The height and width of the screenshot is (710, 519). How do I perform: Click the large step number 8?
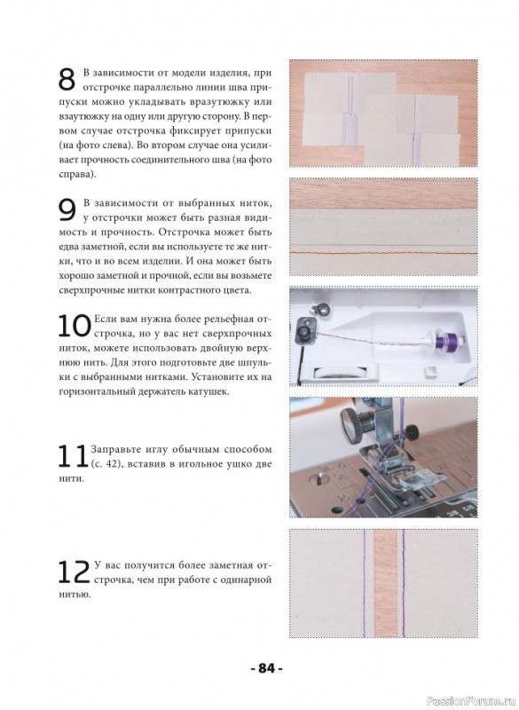[67, 80]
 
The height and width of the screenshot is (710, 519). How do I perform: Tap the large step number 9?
[67, 210]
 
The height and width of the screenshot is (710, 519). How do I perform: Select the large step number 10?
[75, 326]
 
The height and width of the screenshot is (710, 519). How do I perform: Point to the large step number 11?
[73, 455]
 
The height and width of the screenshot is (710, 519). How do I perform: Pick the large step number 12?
[75, 572]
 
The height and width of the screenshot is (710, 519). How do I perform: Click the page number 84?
[266, 668]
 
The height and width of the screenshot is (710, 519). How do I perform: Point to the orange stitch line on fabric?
[383, 252]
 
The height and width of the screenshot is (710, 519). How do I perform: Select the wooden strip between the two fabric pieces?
[386, 583]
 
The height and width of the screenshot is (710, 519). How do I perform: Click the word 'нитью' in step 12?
[74, 595]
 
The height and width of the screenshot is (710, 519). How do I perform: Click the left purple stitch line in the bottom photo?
[364, 583]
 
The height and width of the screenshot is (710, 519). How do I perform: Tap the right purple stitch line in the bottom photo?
[403, 583]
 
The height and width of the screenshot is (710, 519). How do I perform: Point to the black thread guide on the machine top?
[304, 330]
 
